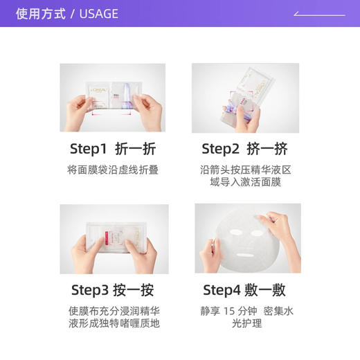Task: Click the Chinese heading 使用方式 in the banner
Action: [x=41, y=14]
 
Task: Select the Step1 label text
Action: [x=89, y=149]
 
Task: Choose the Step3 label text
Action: [x=90, y=289]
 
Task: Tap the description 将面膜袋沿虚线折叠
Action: [x=113, y=170]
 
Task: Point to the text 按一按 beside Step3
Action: [x=136, y=289]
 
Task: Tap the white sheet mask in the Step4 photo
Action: [x=247, y=239]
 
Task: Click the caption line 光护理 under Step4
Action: [x=247, y=323]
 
